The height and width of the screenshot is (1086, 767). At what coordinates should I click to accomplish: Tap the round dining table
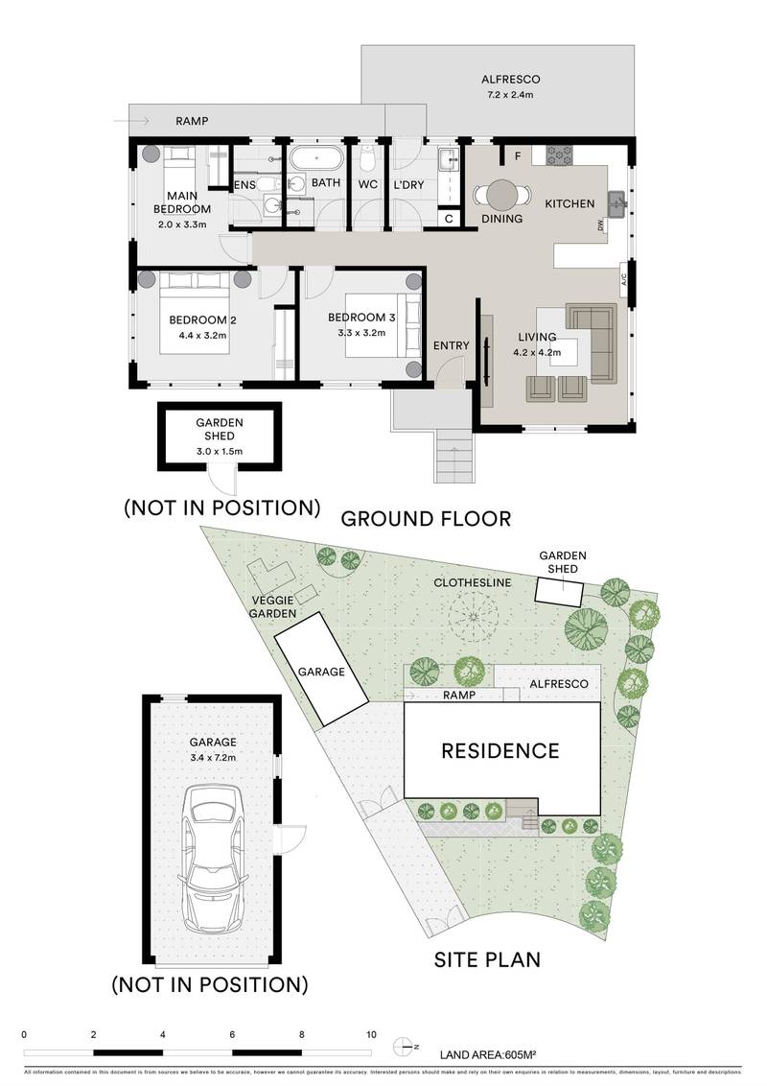(x=501, y=195)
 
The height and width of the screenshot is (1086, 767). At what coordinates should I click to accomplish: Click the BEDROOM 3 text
(x=360, y=319)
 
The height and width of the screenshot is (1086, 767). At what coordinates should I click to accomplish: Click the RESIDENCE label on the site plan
(x=500, y=750)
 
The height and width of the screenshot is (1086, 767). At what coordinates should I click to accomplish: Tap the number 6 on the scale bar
(x=233, y=1035)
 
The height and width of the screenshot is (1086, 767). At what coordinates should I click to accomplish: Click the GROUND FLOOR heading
(x=427, y=519)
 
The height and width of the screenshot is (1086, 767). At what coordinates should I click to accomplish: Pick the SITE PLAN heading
(x=487, y=958)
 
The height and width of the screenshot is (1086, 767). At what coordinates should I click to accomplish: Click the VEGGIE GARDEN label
(x=272, y=606)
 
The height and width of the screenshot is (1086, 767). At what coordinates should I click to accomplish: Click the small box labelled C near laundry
(x=450, y=220)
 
